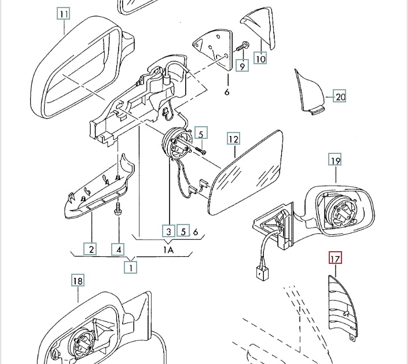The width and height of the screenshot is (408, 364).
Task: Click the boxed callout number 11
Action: pos(64,13)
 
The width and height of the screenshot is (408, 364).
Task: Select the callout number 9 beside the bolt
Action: pos(242,65)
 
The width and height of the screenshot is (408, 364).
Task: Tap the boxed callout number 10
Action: pos(260,58)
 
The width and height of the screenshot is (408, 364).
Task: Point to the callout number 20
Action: pos(340,97)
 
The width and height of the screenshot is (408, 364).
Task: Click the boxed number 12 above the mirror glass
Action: pos(233,139)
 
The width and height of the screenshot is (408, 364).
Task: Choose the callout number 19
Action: pos(336,160)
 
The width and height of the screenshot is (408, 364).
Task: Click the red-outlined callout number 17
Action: pos(335,258)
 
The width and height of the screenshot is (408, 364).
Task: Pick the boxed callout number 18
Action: pos(78,281)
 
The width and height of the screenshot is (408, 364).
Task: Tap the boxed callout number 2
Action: pos(90,249)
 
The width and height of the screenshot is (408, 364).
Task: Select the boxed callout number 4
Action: pos(118,249)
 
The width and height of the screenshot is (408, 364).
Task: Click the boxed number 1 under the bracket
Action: pos(133,267)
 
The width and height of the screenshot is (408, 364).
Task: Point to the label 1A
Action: pos(168,249)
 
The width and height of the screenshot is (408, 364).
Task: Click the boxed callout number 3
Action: pos(168,231)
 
